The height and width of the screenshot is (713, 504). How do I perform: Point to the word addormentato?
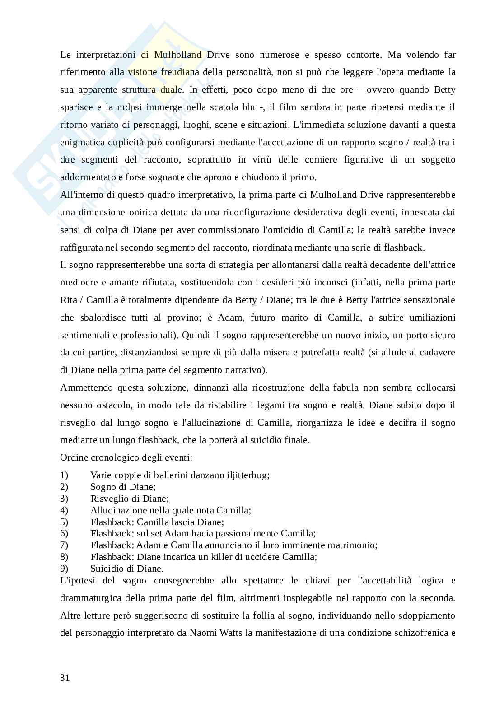86,177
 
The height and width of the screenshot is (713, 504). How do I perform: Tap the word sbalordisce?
101,318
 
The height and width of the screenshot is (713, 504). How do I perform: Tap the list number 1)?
64,475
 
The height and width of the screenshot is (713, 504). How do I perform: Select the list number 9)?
64,569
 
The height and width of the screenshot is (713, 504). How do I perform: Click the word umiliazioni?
432,318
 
